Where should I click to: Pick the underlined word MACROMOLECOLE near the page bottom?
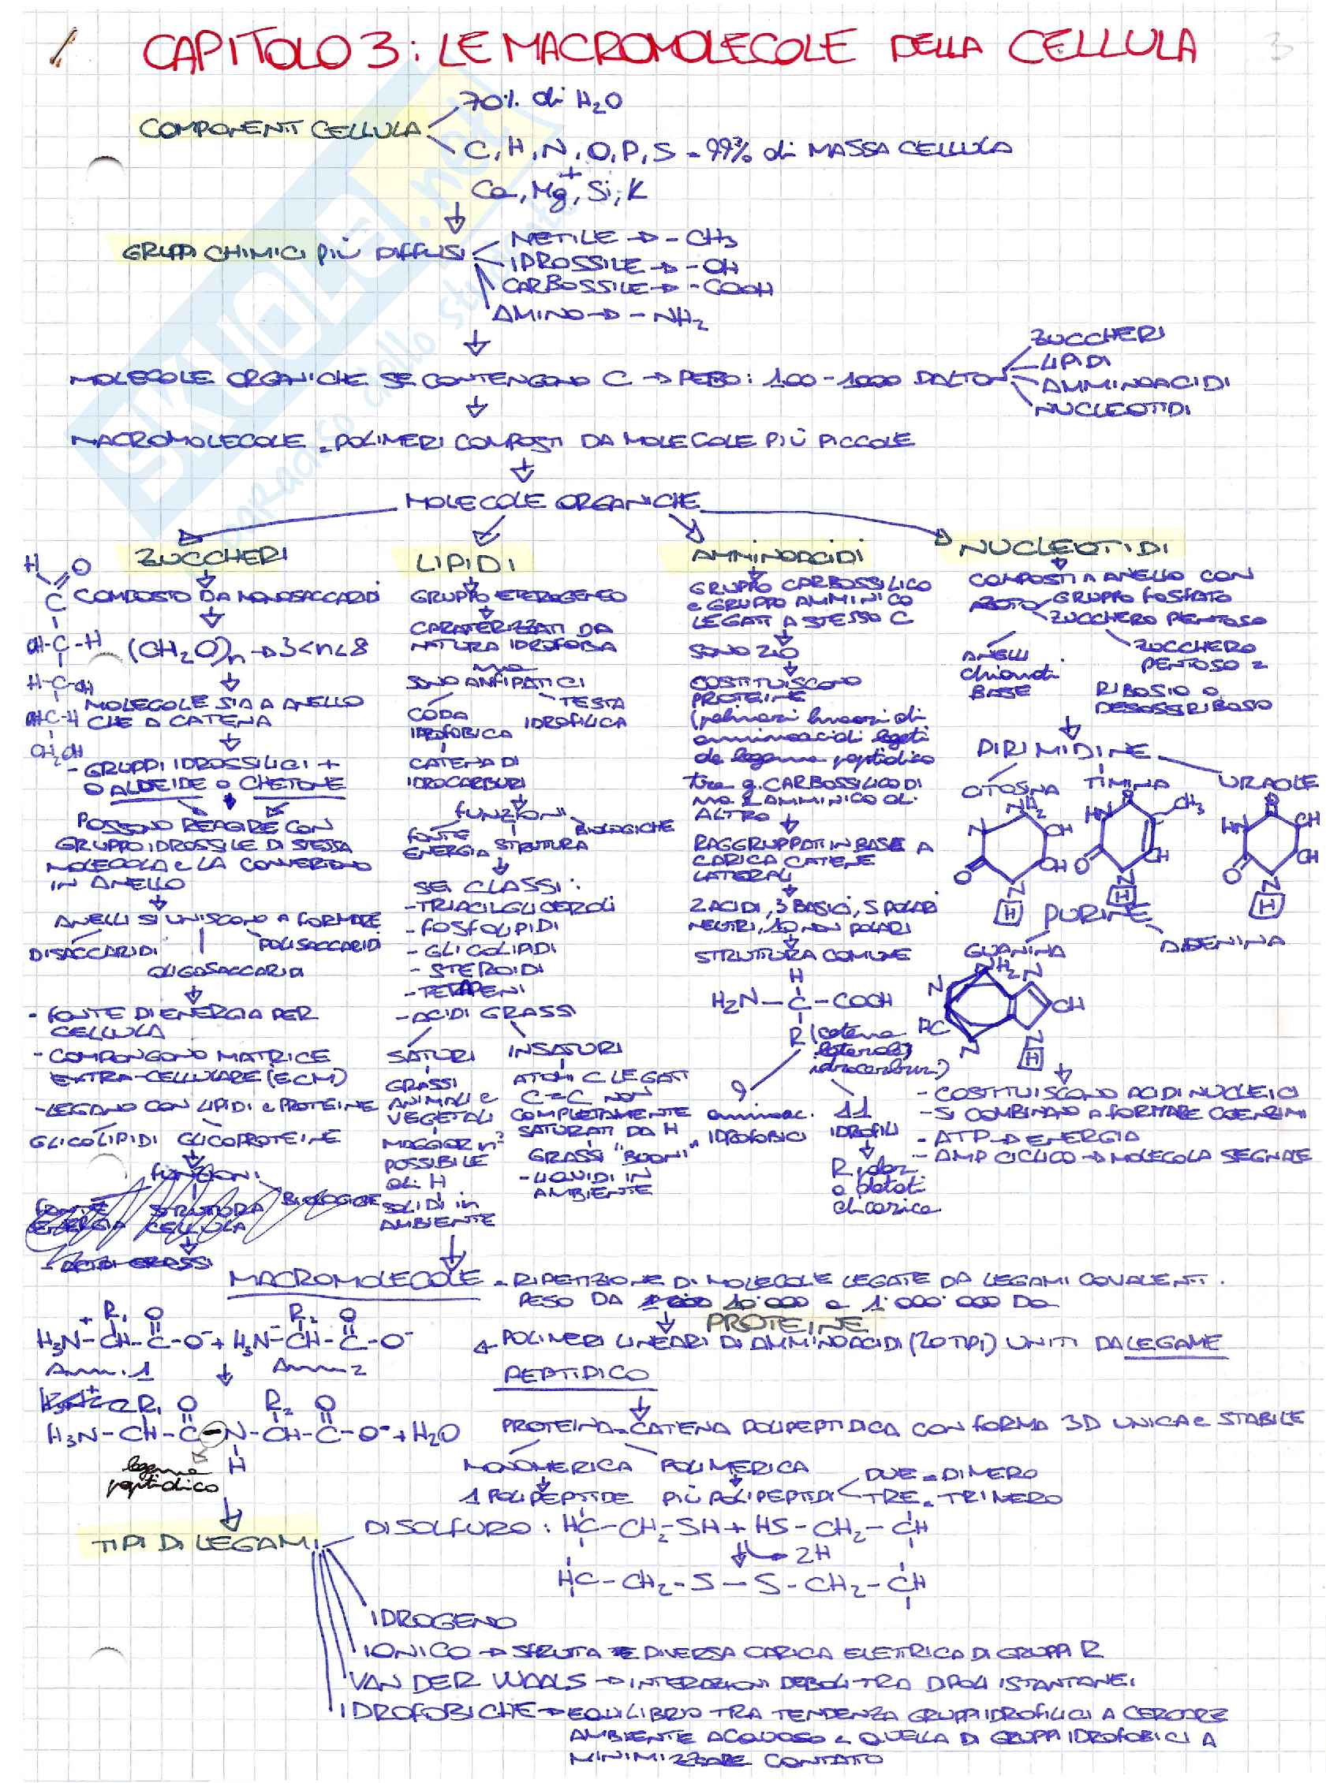coord(356,1279)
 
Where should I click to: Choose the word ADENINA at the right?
coord(1222,942)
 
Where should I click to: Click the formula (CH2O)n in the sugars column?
coord(181,647)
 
